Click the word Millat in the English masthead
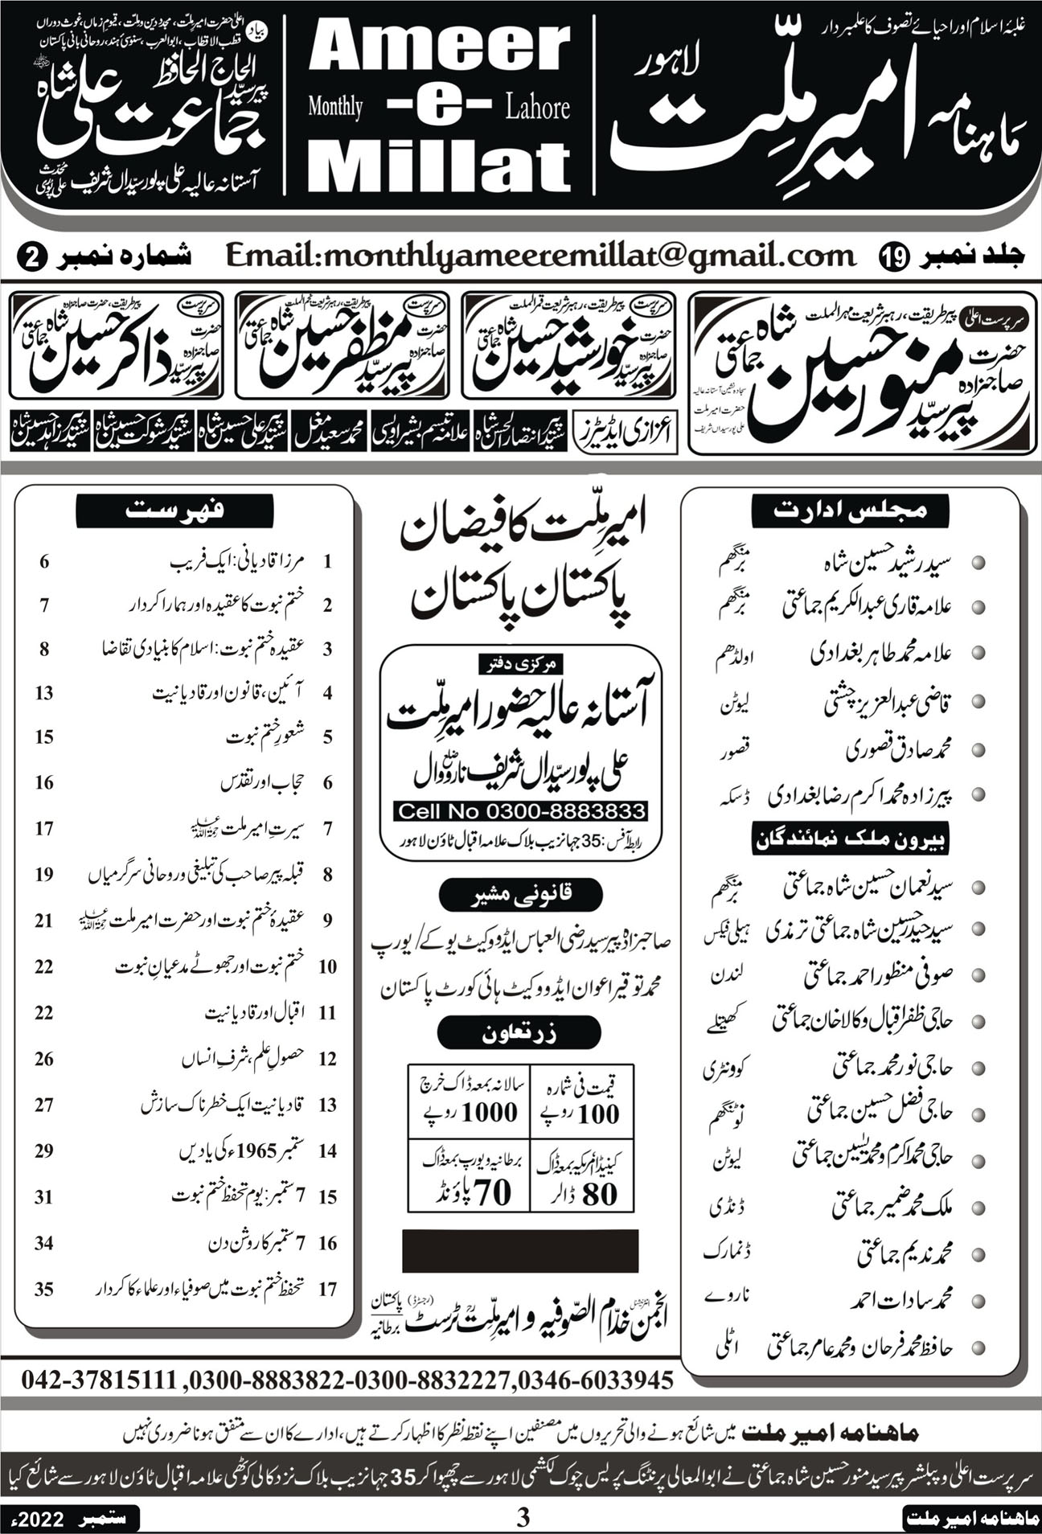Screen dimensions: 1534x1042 (x=439, y=166)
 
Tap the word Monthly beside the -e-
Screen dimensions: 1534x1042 (x=335, y=107)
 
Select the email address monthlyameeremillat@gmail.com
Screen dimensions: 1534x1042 (x=540, y=256)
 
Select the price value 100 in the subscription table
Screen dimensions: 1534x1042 (x=598, y=1114)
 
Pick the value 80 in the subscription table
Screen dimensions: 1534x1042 (x=599, y=1194)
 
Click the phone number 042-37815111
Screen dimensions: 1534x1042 (x=98, y=1380)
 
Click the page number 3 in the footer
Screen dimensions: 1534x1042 (x=523, y=1518)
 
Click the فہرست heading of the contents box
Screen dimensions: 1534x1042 (x=174, y=511)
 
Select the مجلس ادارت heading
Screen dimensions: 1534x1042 (x=850, y=510)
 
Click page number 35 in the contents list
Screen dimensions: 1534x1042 (x=44, y=1289)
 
